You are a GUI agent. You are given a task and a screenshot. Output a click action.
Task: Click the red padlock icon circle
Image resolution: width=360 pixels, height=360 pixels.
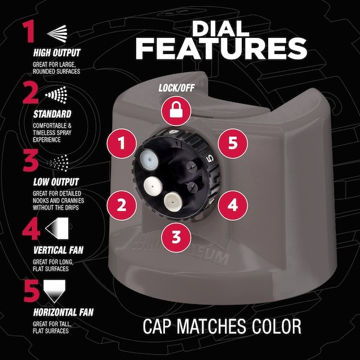(x=176, y=111)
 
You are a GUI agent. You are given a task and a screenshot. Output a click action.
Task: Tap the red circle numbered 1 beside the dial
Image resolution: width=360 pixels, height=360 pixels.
(x=122, y=143)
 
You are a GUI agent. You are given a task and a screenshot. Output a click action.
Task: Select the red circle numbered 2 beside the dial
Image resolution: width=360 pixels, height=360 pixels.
(x=122, y=205)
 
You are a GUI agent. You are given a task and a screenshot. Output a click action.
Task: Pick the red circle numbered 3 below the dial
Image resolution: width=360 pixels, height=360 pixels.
(x=176, y=237)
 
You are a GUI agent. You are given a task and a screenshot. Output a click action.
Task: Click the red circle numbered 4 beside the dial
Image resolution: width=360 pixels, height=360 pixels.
(x=233, y=205)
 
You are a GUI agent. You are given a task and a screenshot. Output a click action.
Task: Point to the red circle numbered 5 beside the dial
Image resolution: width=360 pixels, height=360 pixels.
(x=233, y=143)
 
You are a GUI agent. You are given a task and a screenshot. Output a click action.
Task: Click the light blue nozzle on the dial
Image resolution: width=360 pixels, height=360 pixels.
(x=149, y=159)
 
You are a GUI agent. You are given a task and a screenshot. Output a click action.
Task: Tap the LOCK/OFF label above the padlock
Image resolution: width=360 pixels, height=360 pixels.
(x=176, y=88)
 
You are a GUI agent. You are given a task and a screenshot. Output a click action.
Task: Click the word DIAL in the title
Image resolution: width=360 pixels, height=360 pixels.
(x=221, y=29)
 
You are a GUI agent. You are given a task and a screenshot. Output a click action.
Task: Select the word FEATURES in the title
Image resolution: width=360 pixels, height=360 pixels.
(x=221, y=49)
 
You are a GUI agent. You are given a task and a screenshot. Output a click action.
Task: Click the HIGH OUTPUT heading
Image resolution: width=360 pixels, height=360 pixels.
(x=57, y=53)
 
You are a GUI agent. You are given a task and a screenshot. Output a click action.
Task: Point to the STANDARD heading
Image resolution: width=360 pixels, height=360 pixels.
(x=52, y=114)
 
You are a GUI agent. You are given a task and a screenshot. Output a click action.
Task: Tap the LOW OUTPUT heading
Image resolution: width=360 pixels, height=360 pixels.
(x=56, y=182)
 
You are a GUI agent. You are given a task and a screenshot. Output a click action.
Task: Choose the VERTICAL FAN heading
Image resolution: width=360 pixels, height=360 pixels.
(x=58, y=250)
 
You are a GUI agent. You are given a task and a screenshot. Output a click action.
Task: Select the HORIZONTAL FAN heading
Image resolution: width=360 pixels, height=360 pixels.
(x=64, y=312)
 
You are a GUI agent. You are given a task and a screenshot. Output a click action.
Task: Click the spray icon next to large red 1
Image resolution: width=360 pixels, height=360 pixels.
(x=57, y=34)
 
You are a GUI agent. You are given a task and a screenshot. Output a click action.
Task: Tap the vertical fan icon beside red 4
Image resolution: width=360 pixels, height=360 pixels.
(x=57, y=228)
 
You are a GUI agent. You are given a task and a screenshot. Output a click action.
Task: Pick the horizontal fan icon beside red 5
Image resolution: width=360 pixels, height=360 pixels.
(x=55, y=291)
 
